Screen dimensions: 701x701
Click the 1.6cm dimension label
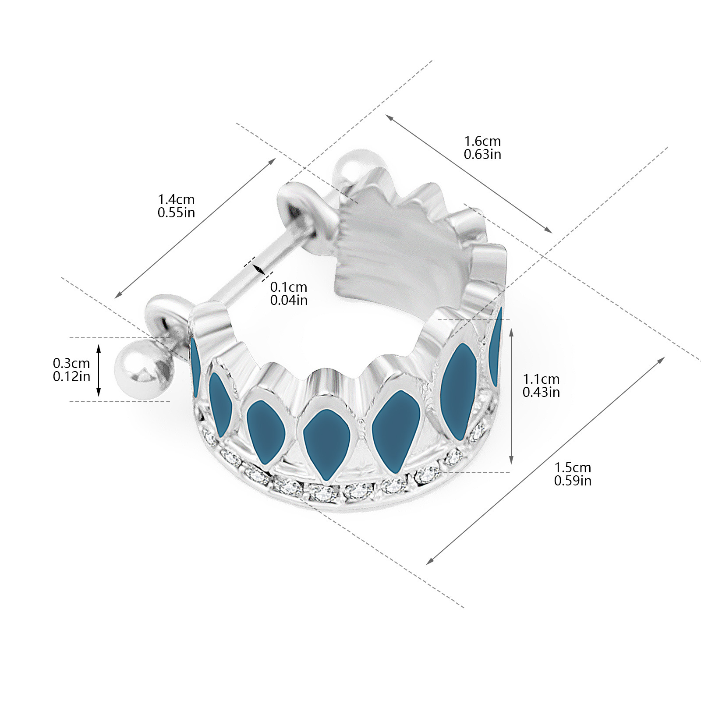tap(482, 142)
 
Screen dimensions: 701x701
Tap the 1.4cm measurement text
tap(176, 200)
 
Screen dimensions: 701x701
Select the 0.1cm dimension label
tap(289, 287)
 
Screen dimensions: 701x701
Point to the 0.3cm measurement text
tap(71, 363)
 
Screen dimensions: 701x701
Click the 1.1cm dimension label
tap(541, 379)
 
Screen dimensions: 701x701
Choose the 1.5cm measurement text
tap(573, 467)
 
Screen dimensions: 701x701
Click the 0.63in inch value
tap(482, 154)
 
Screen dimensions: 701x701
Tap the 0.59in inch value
tap(573, 481)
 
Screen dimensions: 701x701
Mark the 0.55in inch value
tap(176, 212)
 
